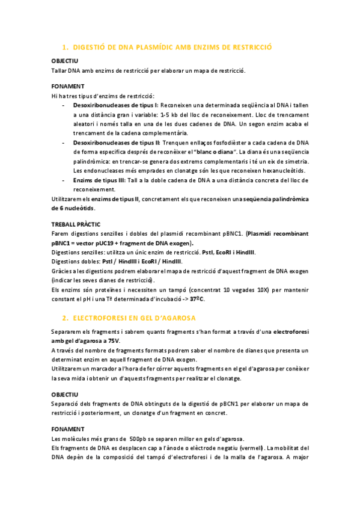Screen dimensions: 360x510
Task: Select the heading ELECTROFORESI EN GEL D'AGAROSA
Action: tap(138, 318)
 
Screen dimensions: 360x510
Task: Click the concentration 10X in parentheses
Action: tap(225, 289)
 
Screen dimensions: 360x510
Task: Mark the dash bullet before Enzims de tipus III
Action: tap(64, 180)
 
